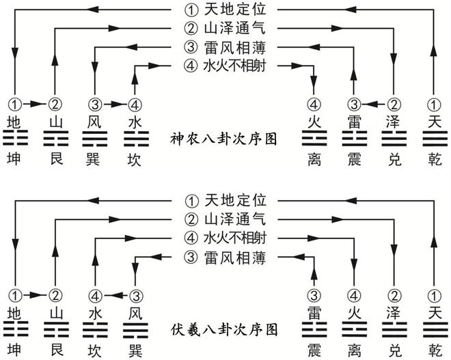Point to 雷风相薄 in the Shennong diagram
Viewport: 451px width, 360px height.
[232, 47]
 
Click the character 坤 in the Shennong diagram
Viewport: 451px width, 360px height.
[14, 159]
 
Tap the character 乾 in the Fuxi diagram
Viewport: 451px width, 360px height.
[433, 349]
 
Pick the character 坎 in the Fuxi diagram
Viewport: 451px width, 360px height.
[95, 349]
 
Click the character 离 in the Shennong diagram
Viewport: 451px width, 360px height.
[314, 159]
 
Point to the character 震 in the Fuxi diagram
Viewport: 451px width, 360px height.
[314, 349]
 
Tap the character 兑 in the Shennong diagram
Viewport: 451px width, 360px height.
[393, 159]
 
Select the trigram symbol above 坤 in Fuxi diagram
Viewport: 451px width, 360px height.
[14, 330]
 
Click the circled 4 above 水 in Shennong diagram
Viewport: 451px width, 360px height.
[135, 105]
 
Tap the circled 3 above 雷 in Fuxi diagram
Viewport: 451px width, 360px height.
[314, 295]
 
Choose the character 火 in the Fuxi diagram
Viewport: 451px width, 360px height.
[353, 313]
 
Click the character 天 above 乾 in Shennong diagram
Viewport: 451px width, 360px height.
[433, 123]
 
